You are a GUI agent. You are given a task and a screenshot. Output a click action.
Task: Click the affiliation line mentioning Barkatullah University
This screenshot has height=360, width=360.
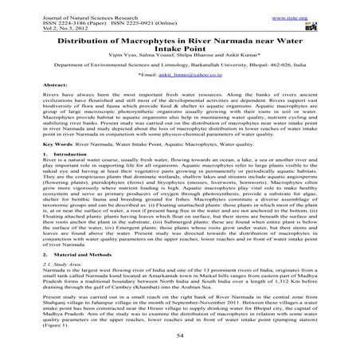coord(179,70)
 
